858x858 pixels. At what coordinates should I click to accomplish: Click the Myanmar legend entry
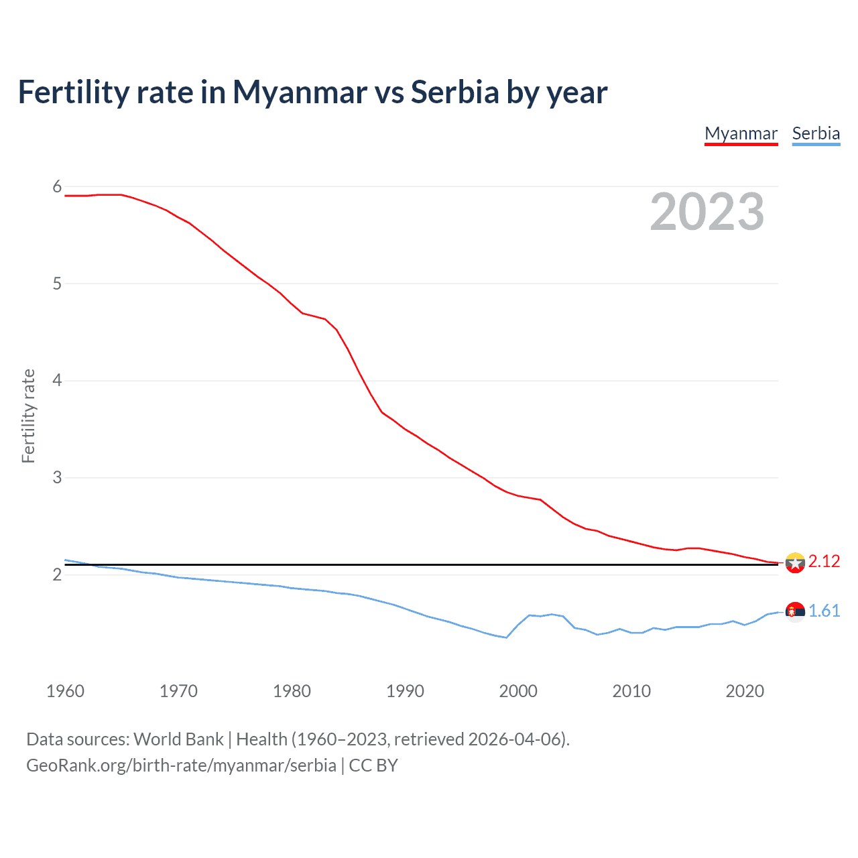pyautogui.click(x=741, y=133)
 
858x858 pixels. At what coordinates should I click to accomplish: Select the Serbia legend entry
pyautogui.click(x=816, y=133)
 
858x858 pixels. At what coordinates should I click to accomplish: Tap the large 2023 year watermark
pyautogui.click(x=707, y=212)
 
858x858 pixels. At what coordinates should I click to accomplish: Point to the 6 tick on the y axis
pyautogui.click(x=57, y=187)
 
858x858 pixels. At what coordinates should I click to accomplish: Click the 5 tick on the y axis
pyautogui.click(x=57, y=284)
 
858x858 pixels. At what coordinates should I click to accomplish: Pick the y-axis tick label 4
pyautogui.click(x=57, y=381)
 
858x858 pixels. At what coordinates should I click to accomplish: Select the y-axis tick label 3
pyautogui.click(x=57, y=478)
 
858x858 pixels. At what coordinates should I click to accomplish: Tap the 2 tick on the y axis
pyautogui.click(x=57, y=575)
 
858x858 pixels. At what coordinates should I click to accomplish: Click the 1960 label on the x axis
pyautogui.click(x=65, y=691)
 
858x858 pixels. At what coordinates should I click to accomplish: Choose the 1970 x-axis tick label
pyautogui.click(x=178, y=691)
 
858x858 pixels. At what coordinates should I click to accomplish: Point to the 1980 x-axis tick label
pyautogui.click(x=292, y=691)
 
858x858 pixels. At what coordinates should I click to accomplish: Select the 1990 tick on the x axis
pyautogui.click(x=405, y=691)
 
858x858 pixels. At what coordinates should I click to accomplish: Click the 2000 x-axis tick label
pyautogui.click(x=518, y=691)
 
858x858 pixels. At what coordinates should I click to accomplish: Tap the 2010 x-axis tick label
pyautogui.click(x=631, y=691)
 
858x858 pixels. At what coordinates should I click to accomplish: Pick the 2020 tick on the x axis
pyautogui.click(x=745, y=691)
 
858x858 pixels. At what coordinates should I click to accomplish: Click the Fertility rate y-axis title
pyautogui.click(x=28, y=416)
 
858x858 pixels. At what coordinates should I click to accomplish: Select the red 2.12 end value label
pyautogui.click(x=824, y=562)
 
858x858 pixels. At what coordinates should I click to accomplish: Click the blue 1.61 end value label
pyautogui.click(x=824, y=611)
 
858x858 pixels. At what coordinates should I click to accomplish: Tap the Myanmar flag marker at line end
pyautogui.click(x=795, y=563)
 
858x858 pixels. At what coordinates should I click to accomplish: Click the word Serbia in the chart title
pyautogui.click(x=455, y=92)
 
